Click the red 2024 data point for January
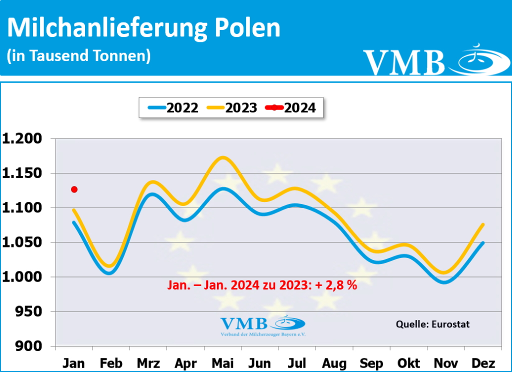[x=74, y=189]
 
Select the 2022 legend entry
[x=173, y=107]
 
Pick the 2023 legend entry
[x=232, y=107]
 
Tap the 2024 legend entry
[x=291, y=107]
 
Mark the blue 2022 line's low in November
[x=445, y=282]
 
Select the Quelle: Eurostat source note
[x=432, y=324]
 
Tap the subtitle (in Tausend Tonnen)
[x=78, y=55]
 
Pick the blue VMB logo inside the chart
[x=262, y=325]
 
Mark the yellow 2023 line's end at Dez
[x=482, y=224]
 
